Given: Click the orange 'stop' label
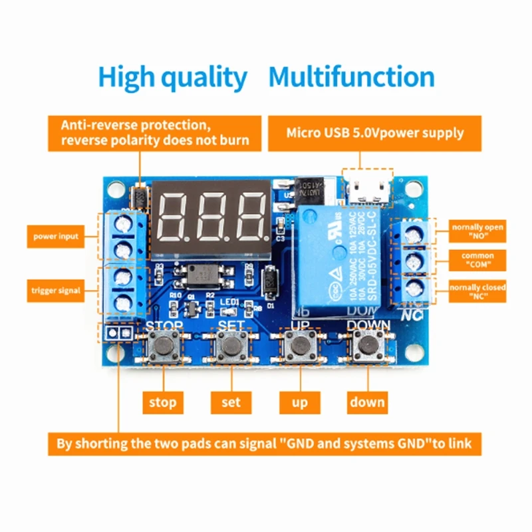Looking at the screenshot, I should (x=162, y=402).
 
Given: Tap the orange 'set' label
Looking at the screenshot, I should (x=231, y=402).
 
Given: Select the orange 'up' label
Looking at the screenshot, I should (x=299, y=402).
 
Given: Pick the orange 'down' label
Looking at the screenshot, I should (x=367, y=402).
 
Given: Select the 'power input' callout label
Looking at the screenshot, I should (x=57, y=236).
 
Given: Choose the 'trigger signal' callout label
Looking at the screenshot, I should (x=56, y=290).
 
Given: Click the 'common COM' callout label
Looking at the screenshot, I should (x=477, y=259).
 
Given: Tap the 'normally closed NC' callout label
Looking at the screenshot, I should (x=477, y=291).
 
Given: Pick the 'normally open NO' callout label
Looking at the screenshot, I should (x=477, y=231).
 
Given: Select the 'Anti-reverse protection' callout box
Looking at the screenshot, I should (x=155, y=133).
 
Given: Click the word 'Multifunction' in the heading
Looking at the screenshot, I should (x=351, y=77).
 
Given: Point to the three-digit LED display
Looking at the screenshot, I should (x=211, y=218).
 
